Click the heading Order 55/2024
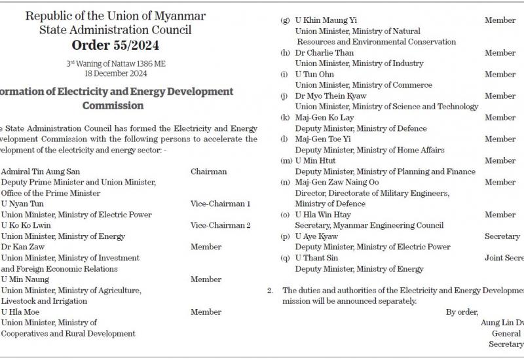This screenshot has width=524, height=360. pyautogui.click(x=115, y=46)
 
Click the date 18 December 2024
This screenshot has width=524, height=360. pyautogui.click(x=115, y=73)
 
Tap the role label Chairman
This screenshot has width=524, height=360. pyautogui.click(x=209, y=172)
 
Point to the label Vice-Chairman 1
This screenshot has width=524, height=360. pyautogui.click(x=221, y=204)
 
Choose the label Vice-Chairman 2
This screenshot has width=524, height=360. pyautogui.click(x=221, y=226)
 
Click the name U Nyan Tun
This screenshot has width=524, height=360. pyautogui.click(x=22, y=204)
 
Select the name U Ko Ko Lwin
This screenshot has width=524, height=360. pyautogui.click(x=26, y=226)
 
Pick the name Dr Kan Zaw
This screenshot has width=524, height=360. pyautogui.click(x=22, y=247)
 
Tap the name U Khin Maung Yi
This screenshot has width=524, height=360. pyautogui.click(x=326, y=20)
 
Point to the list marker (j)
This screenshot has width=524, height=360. pyautogui.click(x=284, y=96)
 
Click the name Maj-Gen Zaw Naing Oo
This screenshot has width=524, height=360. pyautogui.click(x=337, y=183)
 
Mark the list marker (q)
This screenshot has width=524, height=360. pyautogui.click(x=285, y=258)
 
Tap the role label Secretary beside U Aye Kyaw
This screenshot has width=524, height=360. pyautogui.click(x=502, y=236)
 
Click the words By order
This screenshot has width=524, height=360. pyautogui.click(x=462, y=312)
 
